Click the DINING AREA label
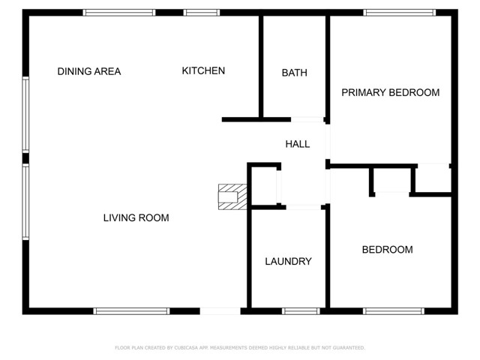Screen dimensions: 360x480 click(x=89, y=72)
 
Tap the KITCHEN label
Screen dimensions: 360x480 click(x=203, y=71)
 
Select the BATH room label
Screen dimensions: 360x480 click(x=294, y=73)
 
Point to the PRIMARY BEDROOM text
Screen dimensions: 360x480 click(x=390, y=93)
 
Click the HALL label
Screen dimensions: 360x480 click(x=298, y=144)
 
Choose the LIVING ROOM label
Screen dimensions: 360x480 click(x=136, y=218)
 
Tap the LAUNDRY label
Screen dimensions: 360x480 click(x=288, y=262)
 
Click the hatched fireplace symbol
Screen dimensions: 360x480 click(x=232, y=196)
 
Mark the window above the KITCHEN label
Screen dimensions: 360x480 click(x=202, y=13)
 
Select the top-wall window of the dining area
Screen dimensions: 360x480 click(x=119, y=13)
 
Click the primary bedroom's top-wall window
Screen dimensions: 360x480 click(x=399, y=13)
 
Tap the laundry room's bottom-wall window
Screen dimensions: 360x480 click(x=301, y=310)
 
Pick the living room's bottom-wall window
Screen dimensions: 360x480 click(x=131, y=310)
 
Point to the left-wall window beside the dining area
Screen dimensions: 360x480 click(x=25, y=115)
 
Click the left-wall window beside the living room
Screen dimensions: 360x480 click(x=25, y=202)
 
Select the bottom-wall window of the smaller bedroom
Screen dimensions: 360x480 click(x=393, y=310)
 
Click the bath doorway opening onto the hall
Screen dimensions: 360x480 click(x=307, y=119)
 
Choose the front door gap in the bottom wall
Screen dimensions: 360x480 click(x=220, y=310)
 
